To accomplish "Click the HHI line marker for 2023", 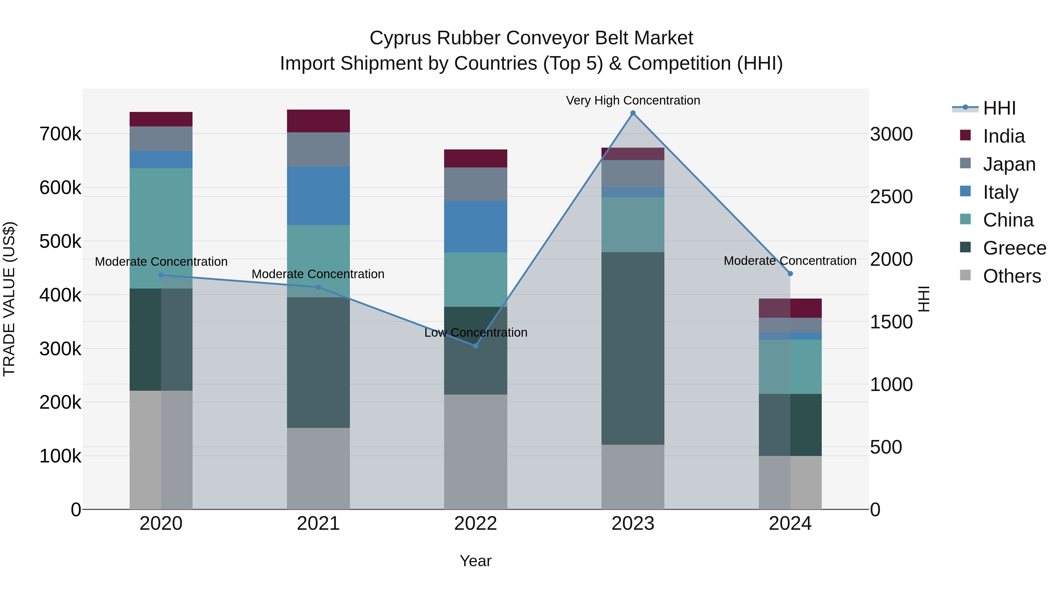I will pos(632,113).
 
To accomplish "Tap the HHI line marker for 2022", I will pos(475,346).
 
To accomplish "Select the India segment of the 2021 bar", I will pos(318,121).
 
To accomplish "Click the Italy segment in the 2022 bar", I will pos(475,227).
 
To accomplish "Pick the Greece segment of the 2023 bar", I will pos(632,348).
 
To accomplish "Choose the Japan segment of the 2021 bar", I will pos(318,149).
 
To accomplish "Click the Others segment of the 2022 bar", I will pos(475,452).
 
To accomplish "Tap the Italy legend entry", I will pos(1000,192).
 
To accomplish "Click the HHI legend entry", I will pos(999,108).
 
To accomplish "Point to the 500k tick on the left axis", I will pos(60,242).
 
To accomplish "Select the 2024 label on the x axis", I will pos(790,524).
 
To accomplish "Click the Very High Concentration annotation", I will pos(632,100).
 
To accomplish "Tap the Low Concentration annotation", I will pos(475,333).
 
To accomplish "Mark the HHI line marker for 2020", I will pos(161,275).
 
